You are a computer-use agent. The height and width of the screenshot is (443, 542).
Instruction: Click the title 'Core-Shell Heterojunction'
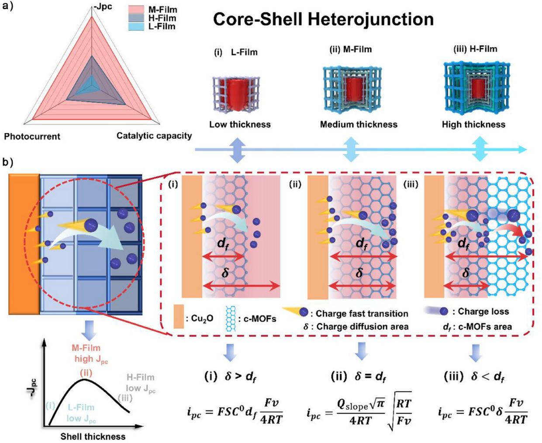pos(323,20)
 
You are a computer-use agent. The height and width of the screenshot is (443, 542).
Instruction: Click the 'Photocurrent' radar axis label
pos(32,136)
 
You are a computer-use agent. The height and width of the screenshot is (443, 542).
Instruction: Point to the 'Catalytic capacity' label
pos(154,135)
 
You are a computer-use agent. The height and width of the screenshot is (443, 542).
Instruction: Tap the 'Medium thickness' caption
pos(359,124)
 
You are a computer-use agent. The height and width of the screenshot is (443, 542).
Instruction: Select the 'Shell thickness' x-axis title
pos(93,436)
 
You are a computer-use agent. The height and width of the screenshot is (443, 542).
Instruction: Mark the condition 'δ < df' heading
pos(474,377)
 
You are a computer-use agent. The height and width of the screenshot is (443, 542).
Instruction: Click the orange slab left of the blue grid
pos(24,243)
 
